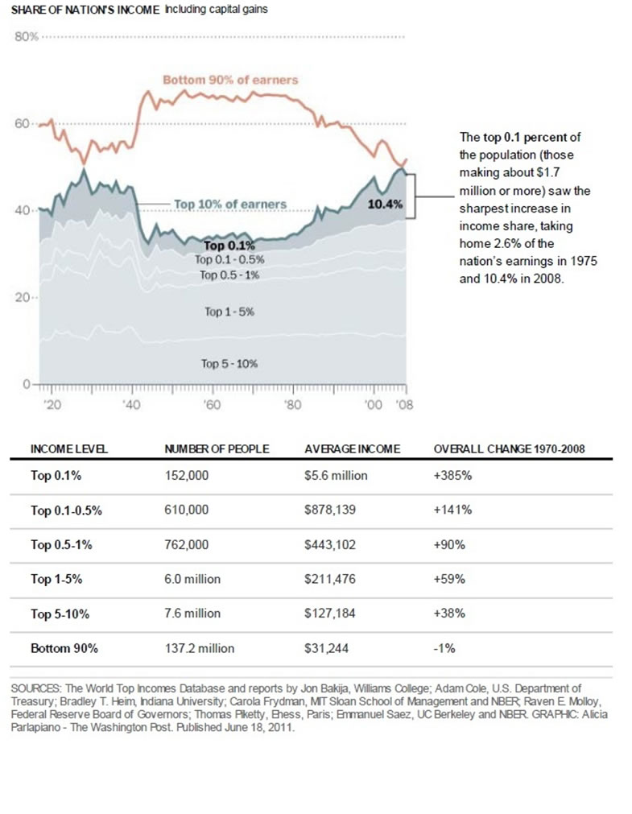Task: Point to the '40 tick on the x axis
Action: pos(131,405)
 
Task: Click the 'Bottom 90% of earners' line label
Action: pos(230,80)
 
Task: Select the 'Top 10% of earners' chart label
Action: pos(230,204)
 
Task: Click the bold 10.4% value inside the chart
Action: pos(384,205)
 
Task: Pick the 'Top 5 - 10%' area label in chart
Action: pos(229,364)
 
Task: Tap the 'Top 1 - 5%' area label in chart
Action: pos(229,312)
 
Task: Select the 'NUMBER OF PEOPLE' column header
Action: pos(217,448)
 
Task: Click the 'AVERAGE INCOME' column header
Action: pos(352,448)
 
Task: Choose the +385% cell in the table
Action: pos(452,476)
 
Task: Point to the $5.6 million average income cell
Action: pos(336,476)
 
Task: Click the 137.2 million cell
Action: pos(200,648)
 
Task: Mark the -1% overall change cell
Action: pos(444,648)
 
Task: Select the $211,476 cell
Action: pos(330,579)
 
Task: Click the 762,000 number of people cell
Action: pos(187,545)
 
